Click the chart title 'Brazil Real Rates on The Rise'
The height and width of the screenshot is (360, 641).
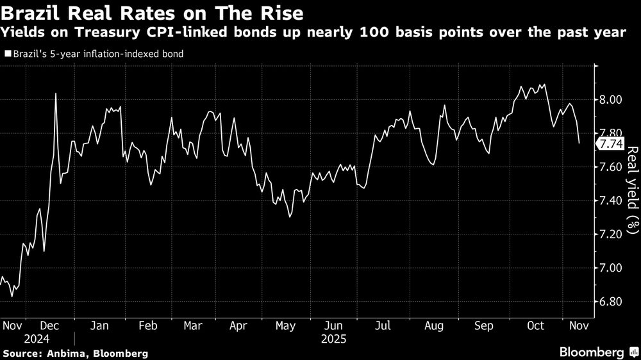pos(154,12)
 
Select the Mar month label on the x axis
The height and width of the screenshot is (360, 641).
pos(194,325)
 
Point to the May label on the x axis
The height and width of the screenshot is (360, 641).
pos(285,325)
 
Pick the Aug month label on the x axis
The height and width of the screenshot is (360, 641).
pos(434,325)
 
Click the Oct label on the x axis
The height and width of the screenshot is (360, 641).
pos(535,325)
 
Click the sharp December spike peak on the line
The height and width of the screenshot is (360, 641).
pos(56,94)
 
